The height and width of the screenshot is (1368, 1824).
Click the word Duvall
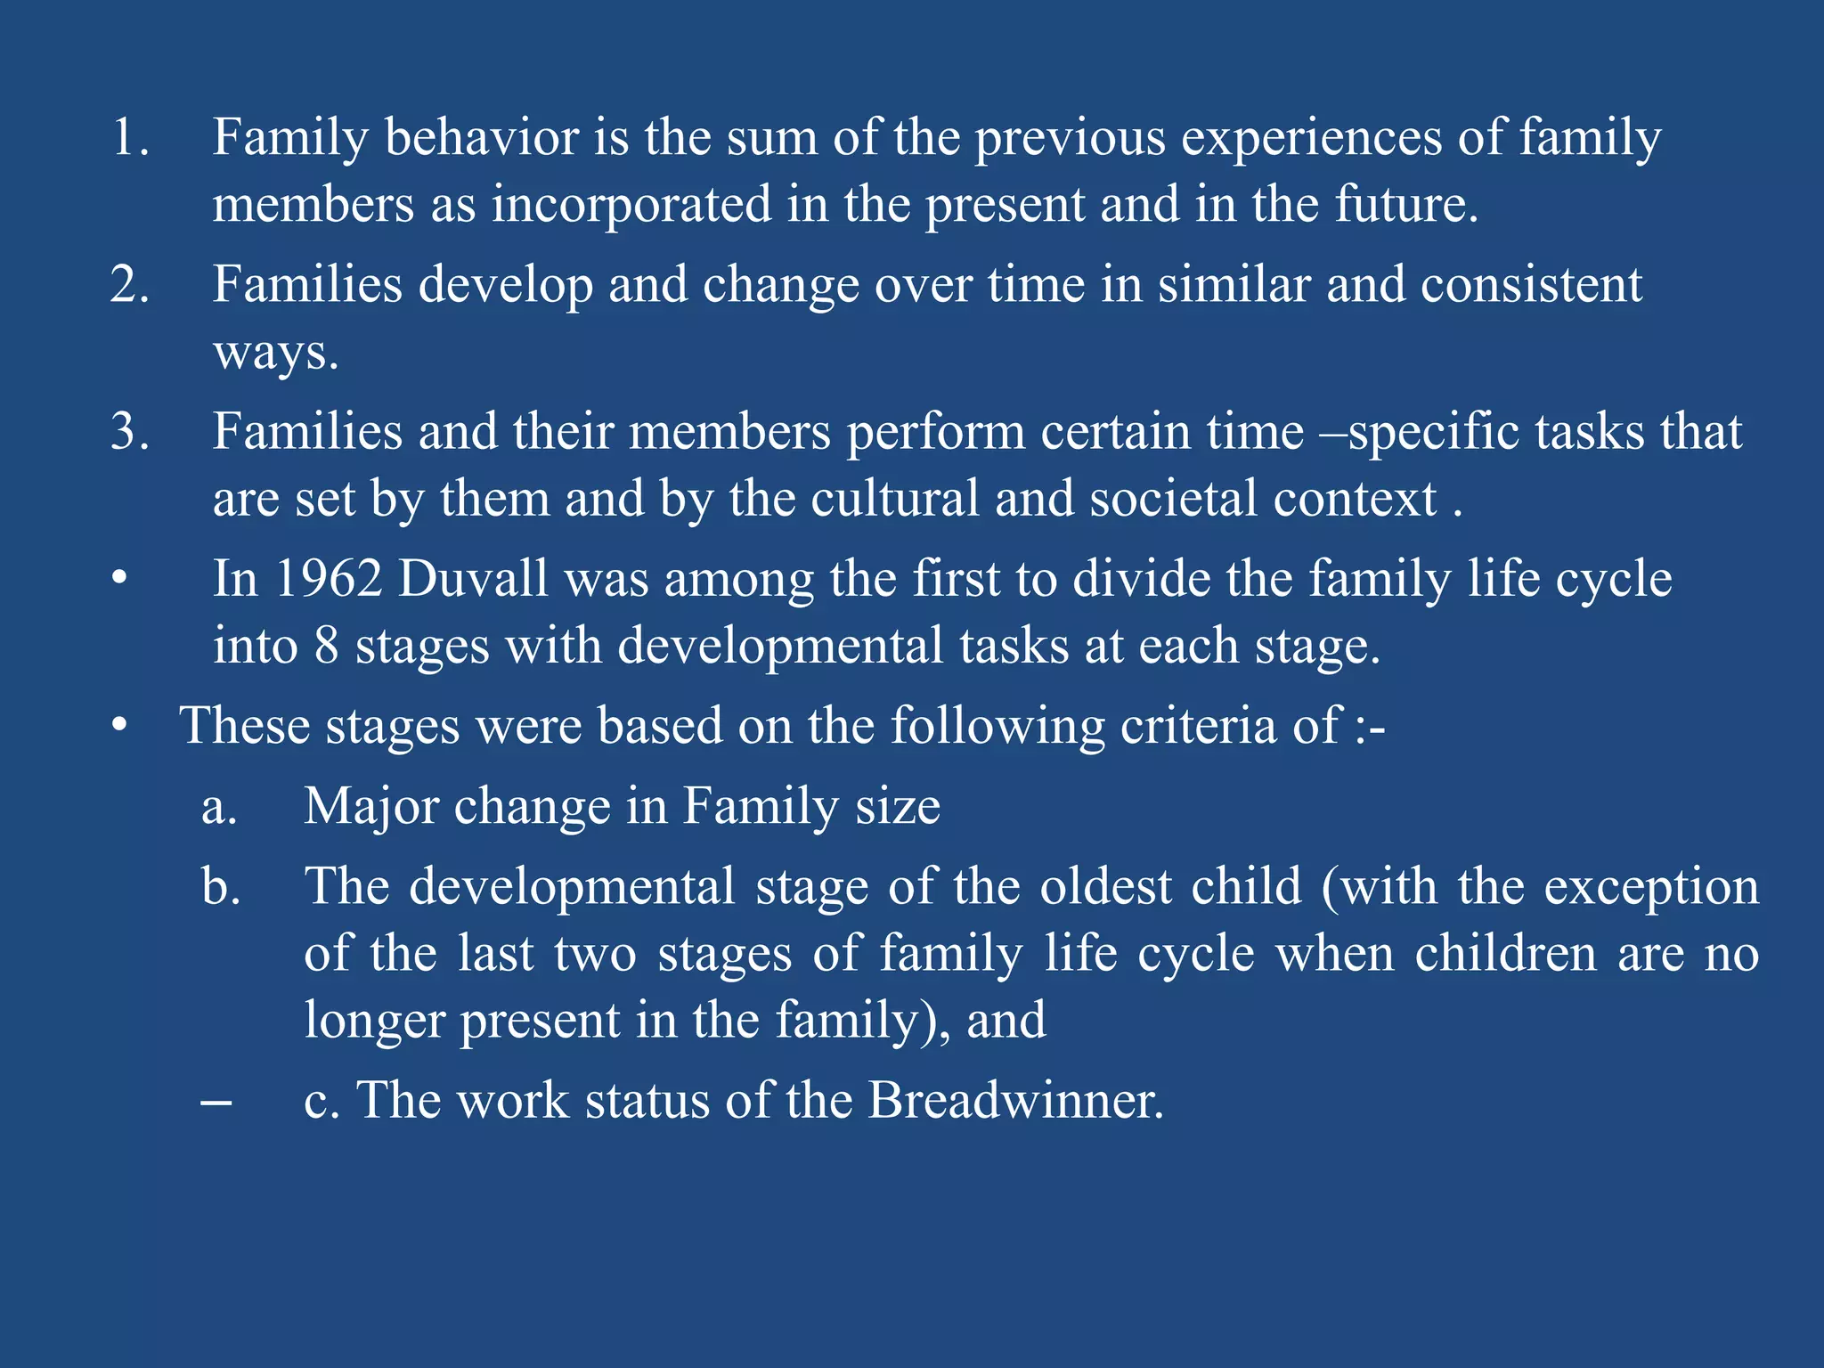coord(473,579)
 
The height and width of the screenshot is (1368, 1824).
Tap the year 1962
coord(329,579)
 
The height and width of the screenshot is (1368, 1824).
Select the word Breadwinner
coord(1015,1100)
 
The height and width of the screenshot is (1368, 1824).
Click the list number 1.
coord(130,139)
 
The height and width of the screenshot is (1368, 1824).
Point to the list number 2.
coord(130,286)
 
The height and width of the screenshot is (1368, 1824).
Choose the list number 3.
coord(130,432)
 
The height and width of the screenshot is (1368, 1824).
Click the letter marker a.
coord(219,809)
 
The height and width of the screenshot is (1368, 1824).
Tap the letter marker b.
coord(221,887)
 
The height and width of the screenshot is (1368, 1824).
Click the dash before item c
coord(216,1103)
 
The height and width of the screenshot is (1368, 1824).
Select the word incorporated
coord(631,205)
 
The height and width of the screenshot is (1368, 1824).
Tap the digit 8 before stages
coord(326,646)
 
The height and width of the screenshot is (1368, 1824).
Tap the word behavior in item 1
coord(482,139)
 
